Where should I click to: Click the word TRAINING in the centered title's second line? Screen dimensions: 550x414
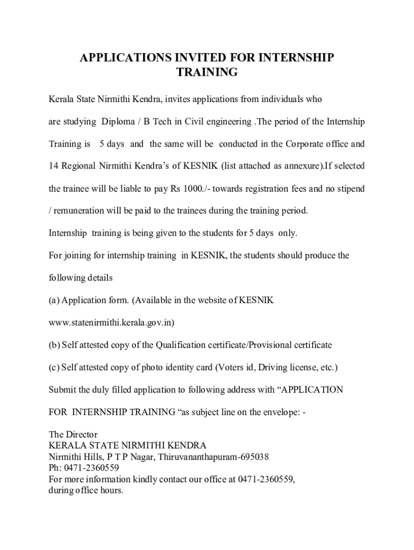pyautogui.click(x=207, y=73)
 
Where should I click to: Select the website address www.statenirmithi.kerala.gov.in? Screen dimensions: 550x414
pyautogui.click(x=111, y=323)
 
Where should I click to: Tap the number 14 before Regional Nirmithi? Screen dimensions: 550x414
pyautogui.click(x=54, y=167)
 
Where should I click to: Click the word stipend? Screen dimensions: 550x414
pyautogui.click(x=349, y=189)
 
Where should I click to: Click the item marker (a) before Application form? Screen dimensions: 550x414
pyautogui.click(x=54, y=300)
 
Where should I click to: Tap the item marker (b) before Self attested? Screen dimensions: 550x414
pyautogui.click(x=54, y=345)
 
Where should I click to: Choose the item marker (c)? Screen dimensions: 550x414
pyautogui.click(x=54, y=367)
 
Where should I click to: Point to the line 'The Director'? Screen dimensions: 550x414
pyautogui.click(x=73, y=434)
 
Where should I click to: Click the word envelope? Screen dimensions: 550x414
pyautogui.click(x=281, y=412)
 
